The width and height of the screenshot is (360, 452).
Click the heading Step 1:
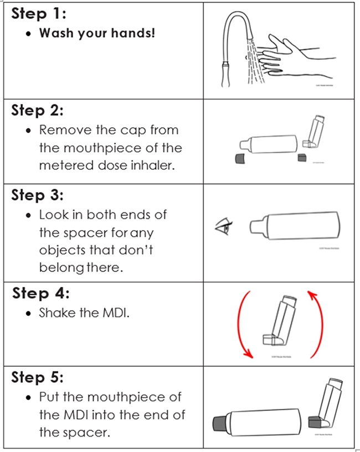click(x=37, y=14)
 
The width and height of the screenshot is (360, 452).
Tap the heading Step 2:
click(x=37, y=110)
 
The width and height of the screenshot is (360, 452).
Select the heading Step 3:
click(x=37, y=195)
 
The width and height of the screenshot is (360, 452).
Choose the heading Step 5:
click(x=37, y=378)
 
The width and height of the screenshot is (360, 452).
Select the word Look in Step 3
click(x=53, y=215)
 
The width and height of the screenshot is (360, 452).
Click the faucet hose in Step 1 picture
click(x=230, y=39)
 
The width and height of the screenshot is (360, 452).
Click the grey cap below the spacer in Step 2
click(x=240, y=158)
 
